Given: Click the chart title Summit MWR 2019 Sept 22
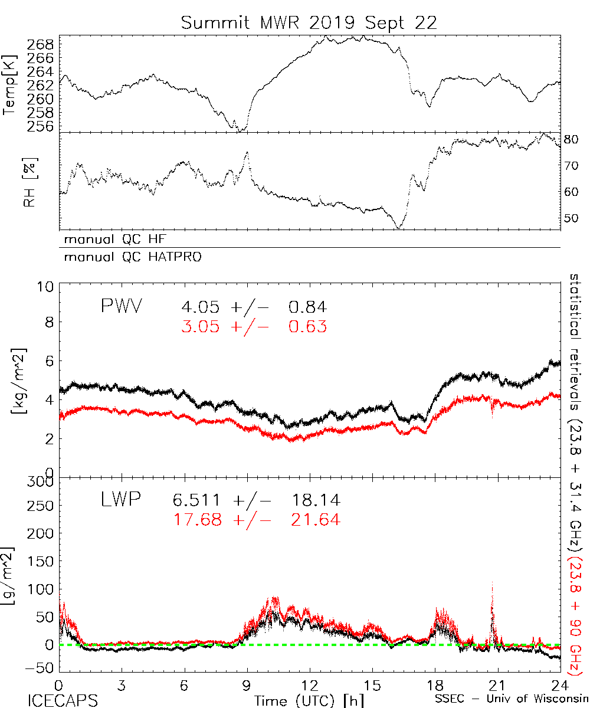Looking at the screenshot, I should click(x=309, y=23).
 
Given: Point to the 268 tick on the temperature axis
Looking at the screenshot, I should click(x=41, y=45).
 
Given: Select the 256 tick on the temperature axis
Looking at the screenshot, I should click(x=41, y=126).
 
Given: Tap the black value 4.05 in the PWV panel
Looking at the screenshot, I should click(x=201, y=307).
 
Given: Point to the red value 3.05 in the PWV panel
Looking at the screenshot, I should click(x=201, y=326).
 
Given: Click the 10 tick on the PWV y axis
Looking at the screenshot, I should click(x=47, y=286).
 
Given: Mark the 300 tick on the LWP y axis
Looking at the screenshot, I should click(x=41, y=481).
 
